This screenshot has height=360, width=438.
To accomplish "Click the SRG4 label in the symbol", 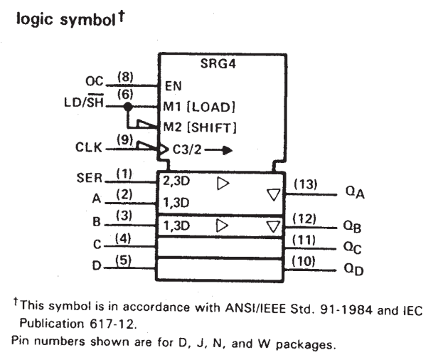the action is [x=218, y=64].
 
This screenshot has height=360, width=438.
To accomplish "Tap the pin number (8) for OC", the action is [x=125, y=77].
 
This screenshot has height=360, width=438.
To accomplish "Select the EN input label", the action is [x=173, y=86].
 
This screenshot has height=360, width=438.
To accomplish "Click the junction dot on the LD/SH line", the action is [x=128, y=107].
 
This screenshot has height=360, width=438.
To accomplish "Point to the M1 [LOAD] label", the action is [x=199, y=107].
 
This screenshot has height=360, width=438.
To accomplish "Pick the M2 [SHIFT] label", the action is [x=200, y=127].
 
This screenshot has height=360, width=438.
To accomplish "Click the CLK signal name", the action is [x=89, y=147].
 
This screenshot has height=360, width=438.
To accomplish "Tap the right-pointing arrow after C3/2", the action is [x=218, y=150].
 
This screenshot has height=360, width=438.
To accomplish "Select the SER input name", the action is [x=90, y=178].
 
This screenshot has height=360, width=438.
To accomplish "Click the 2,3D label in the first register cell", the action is [x=176, y=181].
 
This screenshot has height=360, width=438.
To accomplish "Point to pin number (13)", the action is [x=306, y=184].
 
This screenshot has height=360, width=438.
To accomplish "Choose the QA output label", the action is [x=355, y=192].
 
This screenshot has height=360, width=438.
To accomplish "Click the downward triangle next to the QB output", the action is [x=273, y=227].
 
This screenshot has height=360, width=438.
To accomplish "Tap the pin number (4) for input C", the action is [x=123, y=239].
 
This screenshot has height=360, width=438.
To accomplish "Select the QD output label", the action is [x=353, y=270].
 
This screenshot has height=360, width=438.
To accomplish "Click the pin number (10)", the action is [x=304, y=262].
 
